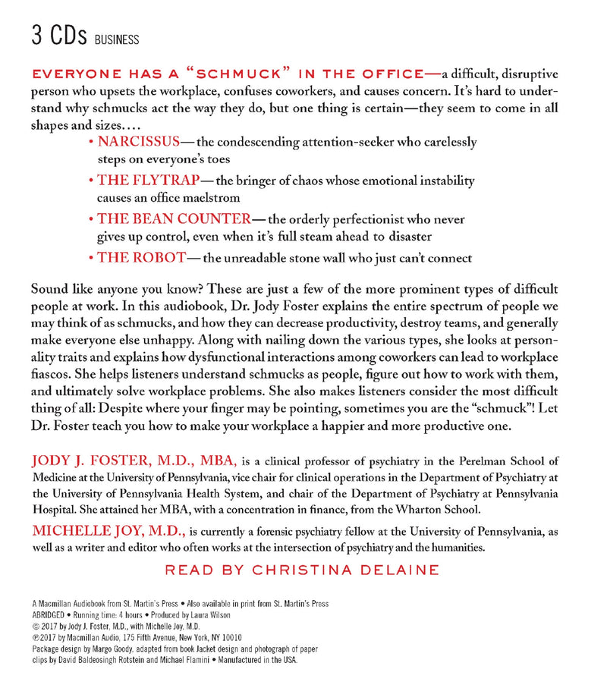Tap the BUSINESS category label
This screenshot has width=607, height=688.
[117, 39]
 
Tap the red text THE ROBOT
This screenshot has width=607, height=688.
[141, 257]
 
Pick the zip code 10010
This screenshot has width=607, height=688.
[228, 638]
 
